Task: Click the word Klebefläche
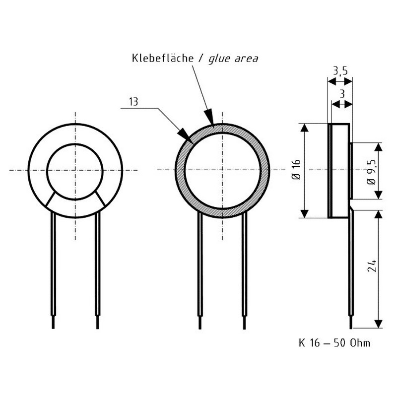(163, 58)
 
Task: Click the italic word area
(246, 59)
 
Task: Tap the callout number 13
(133, 102)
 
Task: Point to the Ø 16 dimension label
(296, 169)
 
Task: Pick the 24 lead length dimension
(372, 266)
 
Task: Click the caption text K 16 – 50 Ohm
(334, 343)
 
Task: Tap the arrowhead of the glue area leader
(209, 117)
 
